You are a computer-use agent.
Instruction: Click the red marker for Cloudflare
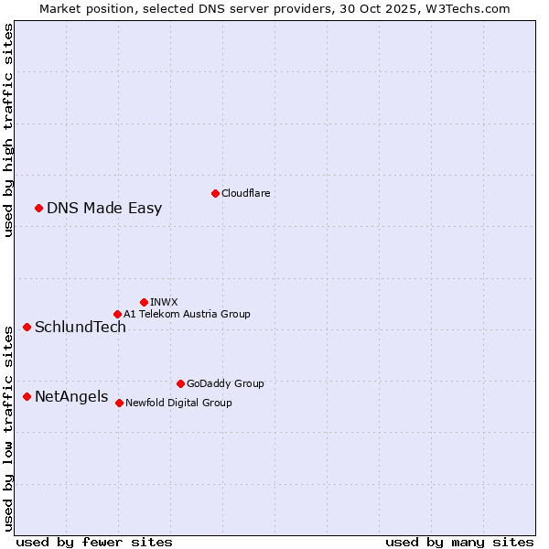click(x=215, y=193)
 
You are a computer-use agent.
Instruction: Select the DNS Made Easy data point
click(x=38, y=208)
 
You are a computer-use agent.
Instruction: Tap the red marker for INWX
click(x=144, y=302)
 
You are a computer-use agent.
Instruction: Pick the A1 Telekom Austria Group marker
click(x=117, y=314)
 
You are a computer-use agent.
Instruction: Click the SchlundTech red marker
click(x=27, y=327)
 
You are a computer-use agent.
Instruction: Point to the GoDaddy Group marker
click(x=180, y=383)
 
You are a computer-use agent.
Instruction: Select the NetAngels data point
click(x=27, y=396)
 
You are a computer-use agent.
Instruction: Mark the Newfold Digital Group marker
click(x=119, y=403)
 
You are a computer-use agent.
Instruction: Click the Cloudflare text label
click(x=246, y=193)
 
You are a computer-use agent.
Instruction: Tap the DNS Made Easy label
click(x=104, y=208)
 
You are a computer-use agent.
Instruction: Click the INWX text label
click(x=164, y=302)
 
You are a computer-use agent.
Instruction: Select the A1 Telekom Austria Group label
click(x=187, y=314)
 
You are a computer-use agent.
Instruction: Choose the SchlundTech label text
click(x=81, y=327)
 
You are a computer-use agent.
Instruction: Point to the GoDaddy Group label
click(x=225, y=383)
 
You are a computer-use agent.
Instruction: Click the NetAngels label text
click(x=71, y=396)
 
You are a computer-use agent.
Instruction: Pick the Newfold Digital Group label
click(x=178, y=403)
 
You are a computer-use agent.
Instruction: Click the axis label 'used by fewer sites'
click(x=94, y=542)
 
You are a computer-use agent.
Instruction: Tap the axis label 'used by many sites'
click(x=459, y=542)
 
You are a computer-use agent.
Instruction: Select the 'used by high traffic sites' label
click(x=9, y=130)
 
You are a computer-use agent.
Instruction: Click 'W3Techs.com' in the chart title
click(x=465, y=8)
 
